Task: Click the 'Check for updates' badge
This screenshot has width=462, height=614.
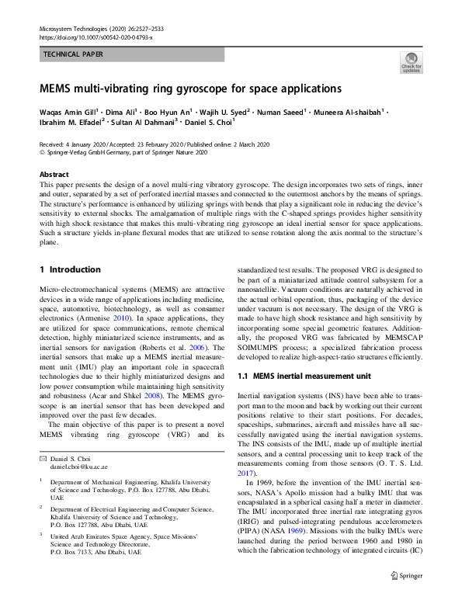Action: tap(411, 62)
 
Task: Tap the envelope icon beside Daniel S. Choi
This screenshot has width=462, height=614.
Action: tap(43, 459)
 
